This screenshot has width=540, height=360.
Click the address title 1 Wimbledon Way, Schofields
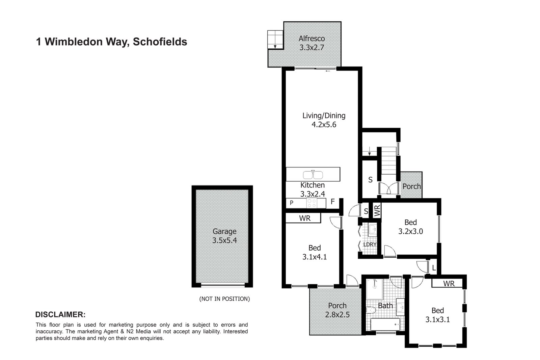coord(111,42)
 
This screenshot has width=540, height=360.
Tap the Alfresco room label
coord(312,39)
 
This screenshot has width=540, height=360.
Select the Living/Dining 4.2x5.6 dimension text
coord(324,125)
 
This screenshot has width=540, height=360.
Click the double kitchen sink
coord(313,175)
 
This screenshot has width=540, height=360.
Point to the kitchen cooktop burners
coord(312,203)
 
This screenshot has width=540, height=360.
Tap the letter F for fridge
coord(332,202)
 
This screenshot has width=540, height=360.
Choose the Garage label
coord(224,232)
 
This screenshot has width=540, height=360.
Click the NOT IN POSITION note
coord(224,299)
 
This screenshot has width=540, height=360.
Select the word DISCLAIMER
coord(60,315)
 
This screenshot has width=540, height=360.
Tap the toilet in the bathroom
coord(371,310)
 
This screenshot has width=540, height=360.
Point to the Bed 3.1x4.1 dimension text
coord(315,257)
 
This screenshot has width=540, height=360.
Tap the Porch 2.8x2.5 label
coord(337,314)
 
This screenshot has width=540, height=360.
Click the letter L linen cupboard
coord(434,269)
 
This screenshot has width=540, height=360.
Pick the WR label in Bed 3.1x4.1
coord(305,218)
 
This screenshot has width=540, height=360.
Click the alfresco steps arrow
coord(275,46)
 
